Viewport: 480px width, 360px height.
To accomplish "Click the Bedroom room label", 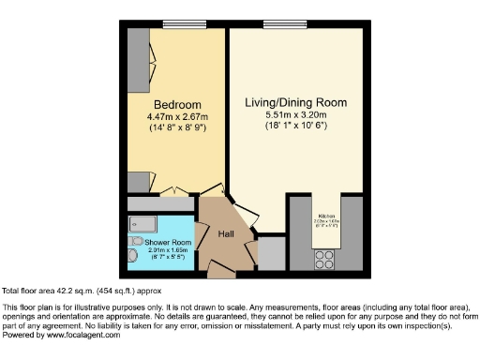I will point(175,104).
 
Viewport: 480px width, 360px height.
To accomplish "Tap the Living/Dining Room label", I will point(296,102).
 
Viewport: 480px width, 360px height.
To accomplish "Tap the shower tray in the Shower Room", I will point(143,224).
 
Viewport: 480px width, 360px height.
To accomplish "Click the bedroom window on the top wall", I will point(177,25).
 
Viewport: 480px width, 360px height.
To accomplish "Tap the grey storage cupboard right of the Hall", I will point(272,252).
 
